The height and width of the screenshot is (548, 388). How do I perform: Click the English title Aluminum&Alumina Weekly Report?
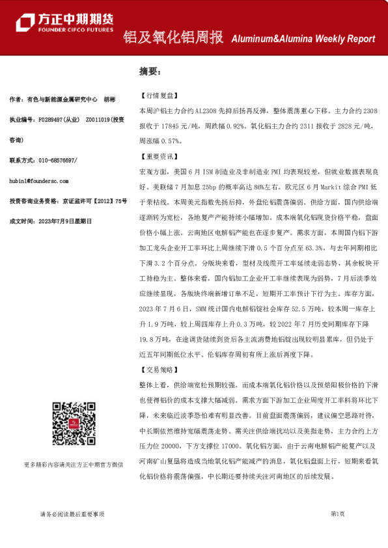(303, 40)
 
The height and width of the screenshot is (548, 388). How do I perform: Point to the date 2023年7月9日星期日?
(64, 221)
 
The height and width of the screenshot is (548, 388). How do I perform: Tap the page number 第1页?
(337, 514)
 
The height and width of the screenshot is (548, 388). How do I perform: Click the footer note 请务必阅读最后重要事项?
(72, 514)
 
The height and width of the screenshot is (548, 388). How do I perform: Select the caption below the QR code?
(73, 465)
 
